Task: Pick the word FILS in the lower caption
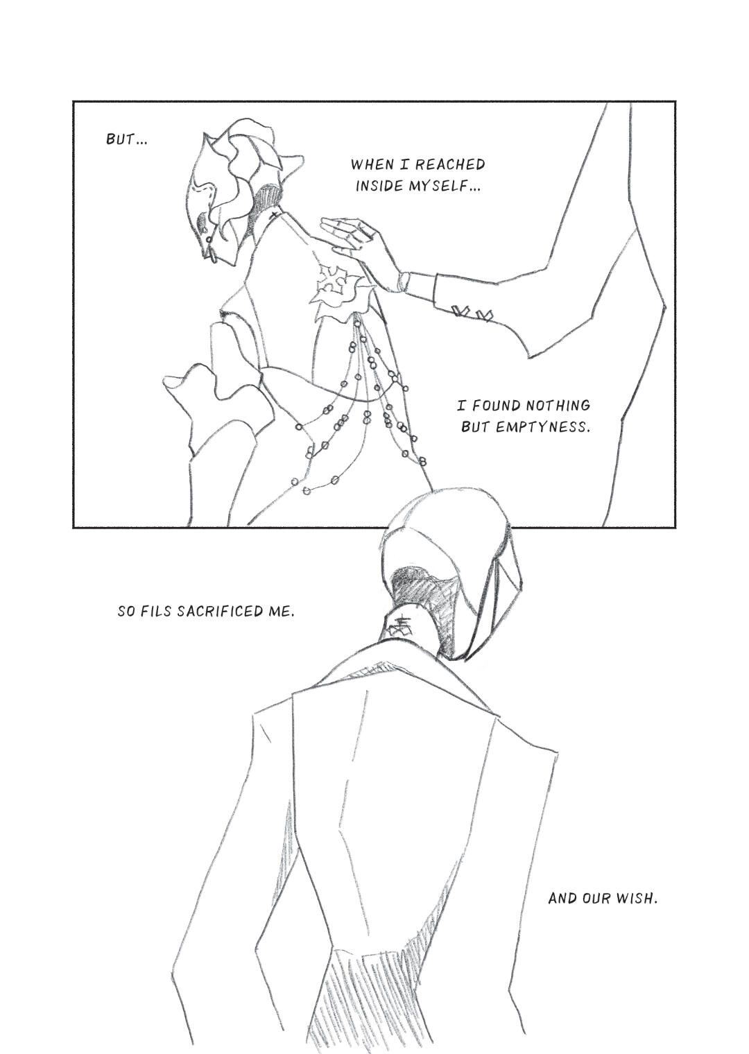(156, 612)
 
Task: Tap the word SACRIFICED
(221, 612)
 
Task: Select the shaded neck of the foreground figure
(424, 607)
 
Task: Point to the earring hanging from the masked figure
(210, 253)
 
